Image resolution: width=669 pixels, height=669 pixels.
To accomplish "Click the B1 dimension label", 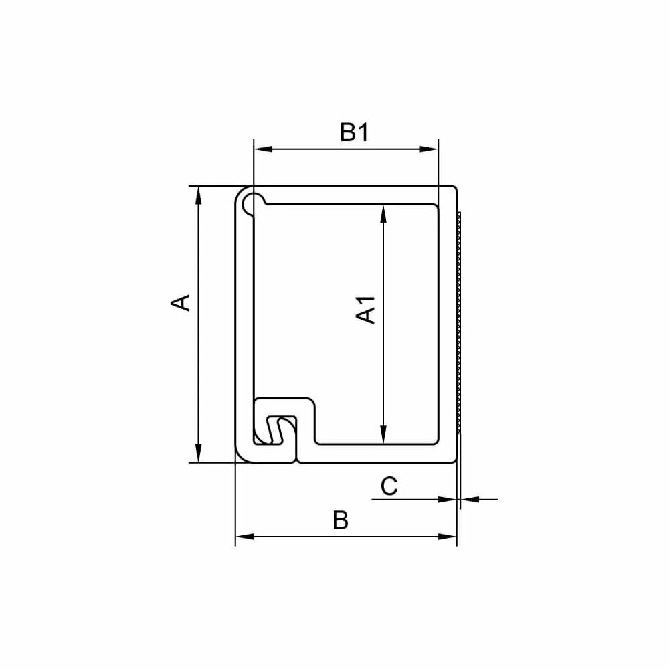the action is [354, 132].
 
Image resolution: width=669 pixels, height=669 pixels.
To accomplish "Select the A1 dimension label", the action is [366, 310].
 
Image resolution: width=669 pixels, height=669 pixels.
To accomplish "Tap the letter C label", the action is [389, 486].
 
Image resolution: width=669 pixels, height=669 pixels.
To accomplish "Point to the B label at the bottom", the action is [341, 520].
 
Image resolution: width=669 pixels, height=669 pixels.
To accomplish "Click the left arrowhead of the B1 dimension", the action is [263, 149].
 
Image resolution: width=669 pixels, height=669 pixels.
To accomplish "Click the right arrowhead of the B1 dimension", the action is [429, 149].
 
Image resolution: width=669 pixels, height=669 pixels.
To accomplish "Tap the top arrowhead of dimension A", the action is [198, 196].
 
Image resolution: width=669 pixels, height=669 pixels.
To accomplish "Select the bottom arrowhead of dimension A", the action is [198, 453].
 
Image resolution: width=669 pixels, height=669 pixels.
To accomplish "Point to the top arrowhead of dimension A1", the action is [383, 214].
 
